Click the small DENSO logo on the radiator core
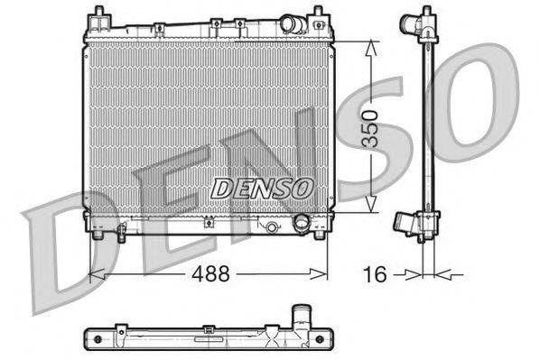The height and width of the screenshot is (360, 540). point(261,188)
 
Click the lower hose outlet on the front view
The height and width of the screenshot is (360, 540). point(301,223)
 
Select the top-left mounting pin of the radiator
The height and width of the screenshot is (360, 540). point(95,15)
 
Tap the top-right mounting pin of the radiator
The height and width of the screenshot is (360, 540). point(319,15)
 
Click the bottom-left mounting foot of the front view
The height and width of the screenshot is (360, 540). point(96,236)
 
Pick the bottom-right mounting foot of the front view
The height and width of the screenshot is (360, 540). point(318,236)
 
